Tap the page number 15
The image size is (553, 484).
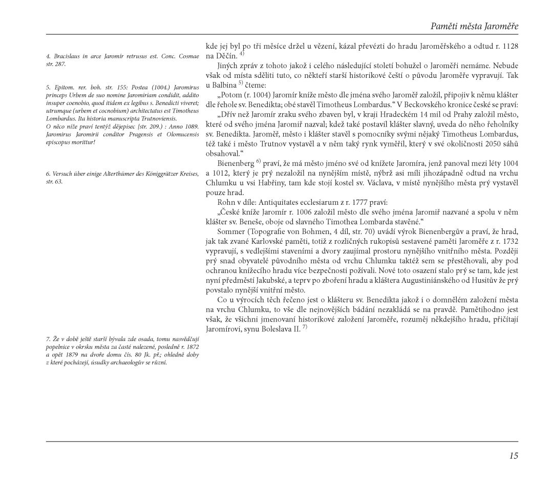click(x=513, y=456)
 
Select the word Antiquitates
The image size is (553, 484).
click(x=287, y=202)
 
